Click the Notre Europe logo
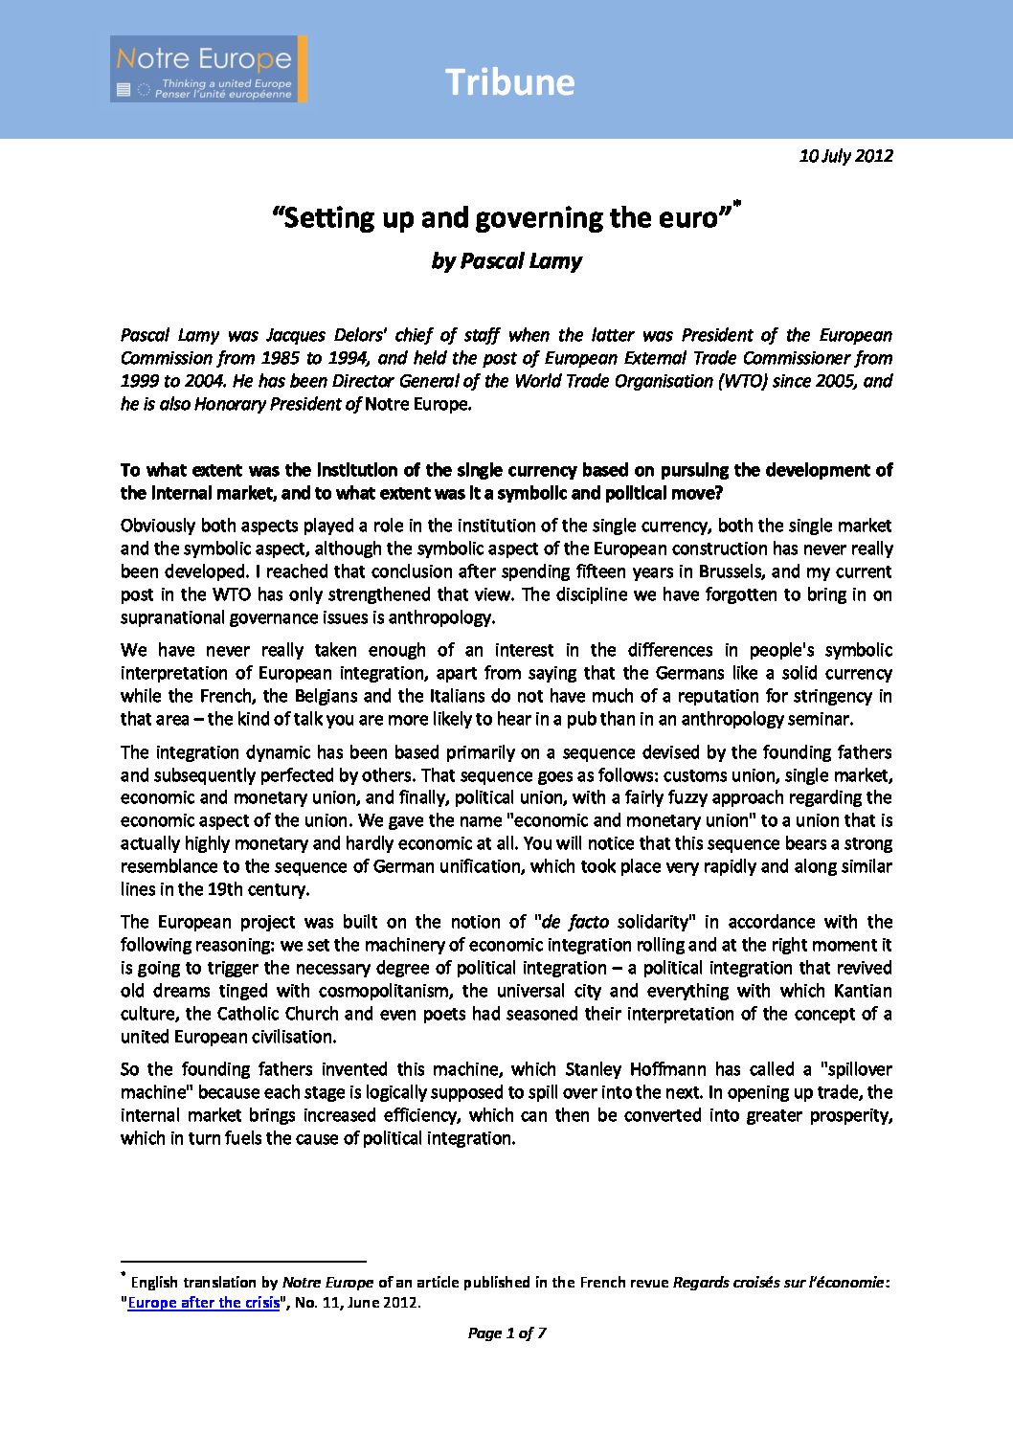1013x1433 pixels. tap(208, 69)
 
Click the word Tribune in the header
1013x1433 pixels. tap(509, 82)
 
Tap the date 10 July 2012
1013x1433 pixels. tap(845, 155)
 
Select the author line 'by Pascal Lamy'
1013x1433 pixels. tap(506, 260)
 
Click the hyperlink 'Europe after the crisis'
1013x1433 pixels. tap(204, 1302)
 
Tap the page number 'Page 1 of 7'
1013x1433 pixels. tap(506, 1332)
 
